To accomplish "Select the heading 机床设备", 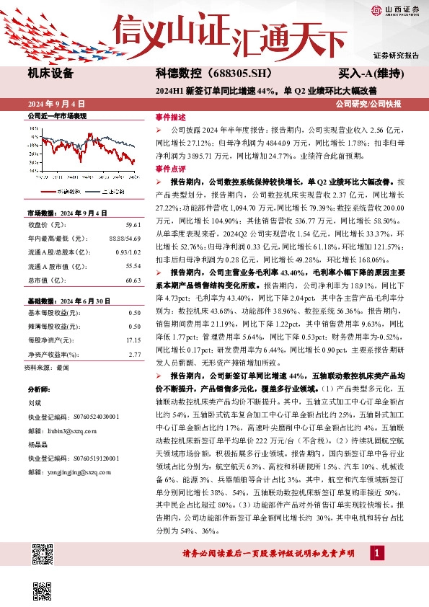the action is click(x=50, y=74).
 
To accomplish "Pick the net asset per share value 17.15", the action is click(x=133, y=340).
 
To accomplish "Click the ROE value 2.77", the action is click(x=134, y=354).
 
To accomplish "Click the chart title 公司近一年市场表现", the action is click(x=56, y=116).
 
